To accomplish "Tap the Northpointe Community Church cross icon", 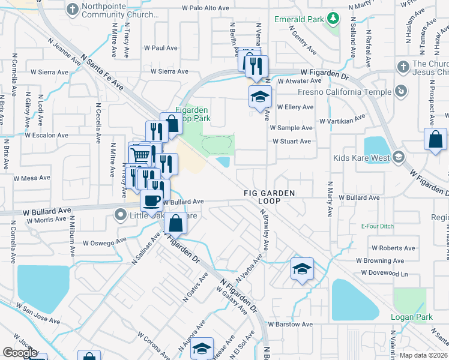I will coord(73,9).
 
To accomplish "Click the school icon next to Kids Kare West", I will coord(398,157).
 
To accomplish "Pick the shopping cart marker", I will coord(140,155).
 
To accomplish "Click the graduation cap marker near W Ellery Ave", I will coord(260,97).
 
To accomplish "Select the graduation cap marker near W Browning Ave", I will coord(302,269).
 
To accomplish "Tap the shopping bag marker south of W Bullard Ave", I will coord(175,224).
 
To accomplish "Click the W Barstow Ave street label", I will coord(291,324).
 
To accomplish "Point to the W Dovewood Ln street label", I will coord(385,274).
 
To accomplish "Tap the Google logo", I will coord(20,353).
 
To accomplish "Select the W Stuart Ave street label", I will coord(291,142).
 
